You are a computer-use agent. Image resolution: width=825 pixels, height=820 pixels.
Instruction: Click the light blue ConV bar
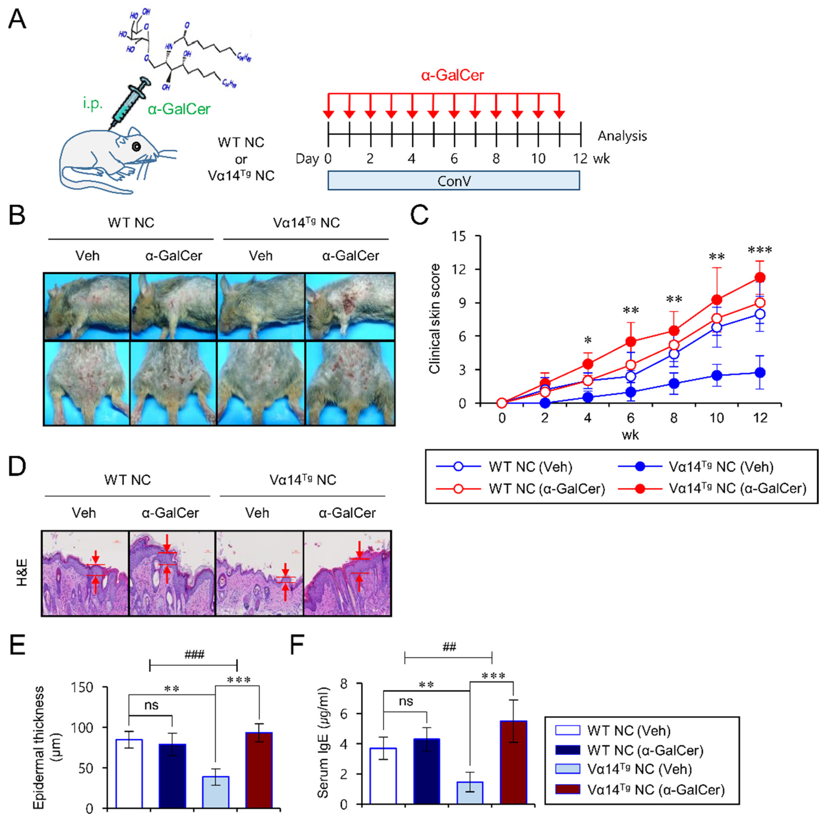[x=453, y=180]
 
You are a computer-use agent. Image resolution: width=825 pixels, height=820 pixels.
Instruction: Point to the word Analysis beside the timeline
[x=622, y=136]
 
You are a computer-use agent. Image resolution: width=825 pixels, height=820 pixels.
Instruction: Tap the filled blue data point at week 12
[x=760, y=373]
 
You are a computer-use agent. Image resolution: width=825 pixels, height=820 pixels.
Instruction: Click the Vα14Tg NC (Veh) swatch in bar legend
[x=567, y=769]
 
